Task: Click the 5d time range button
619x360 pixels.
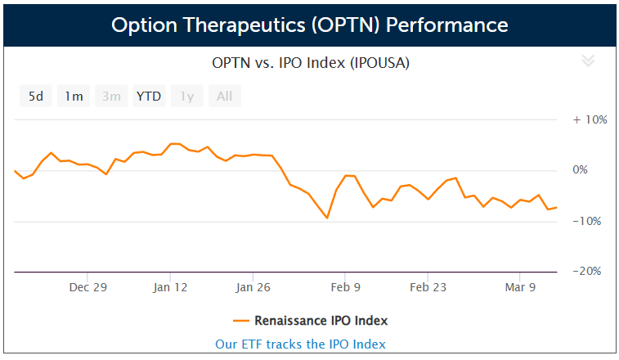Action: (36, 97)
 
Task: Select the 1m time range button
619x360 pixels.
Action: (74, 97)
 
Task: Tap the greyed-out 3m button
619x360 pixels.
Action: (111, 97)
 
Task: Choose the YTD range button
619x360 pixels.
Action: (149, 97)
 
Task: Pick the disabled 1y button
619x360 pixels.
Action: (186, 97)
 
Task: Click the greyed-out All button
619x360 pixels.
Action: (224, 97)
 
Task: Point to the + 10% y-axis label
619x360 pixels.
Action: (590, 119)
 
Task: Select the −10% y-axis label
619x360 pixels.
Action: (590, 221)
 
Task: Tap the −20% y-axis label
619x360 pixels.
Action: (590, 271)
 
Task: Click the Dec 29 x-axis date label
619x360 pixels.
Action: (88, 287)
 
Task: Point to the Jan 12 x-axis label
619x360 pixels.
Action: (170, 287)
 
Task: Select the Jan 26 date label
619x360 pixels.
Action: (253, 287)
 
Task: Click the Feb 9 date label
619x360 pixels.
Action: (345, 287)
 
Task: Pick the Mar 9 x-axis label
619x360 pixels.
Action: (520, 287)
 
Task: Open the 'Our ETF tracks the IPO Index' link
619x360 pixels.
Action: (300, 344)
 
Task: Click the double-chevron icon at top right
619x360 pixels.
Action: (587, 61)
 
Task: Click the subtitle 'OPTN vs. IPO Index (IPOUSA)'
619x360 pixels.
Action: (310, 62)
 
